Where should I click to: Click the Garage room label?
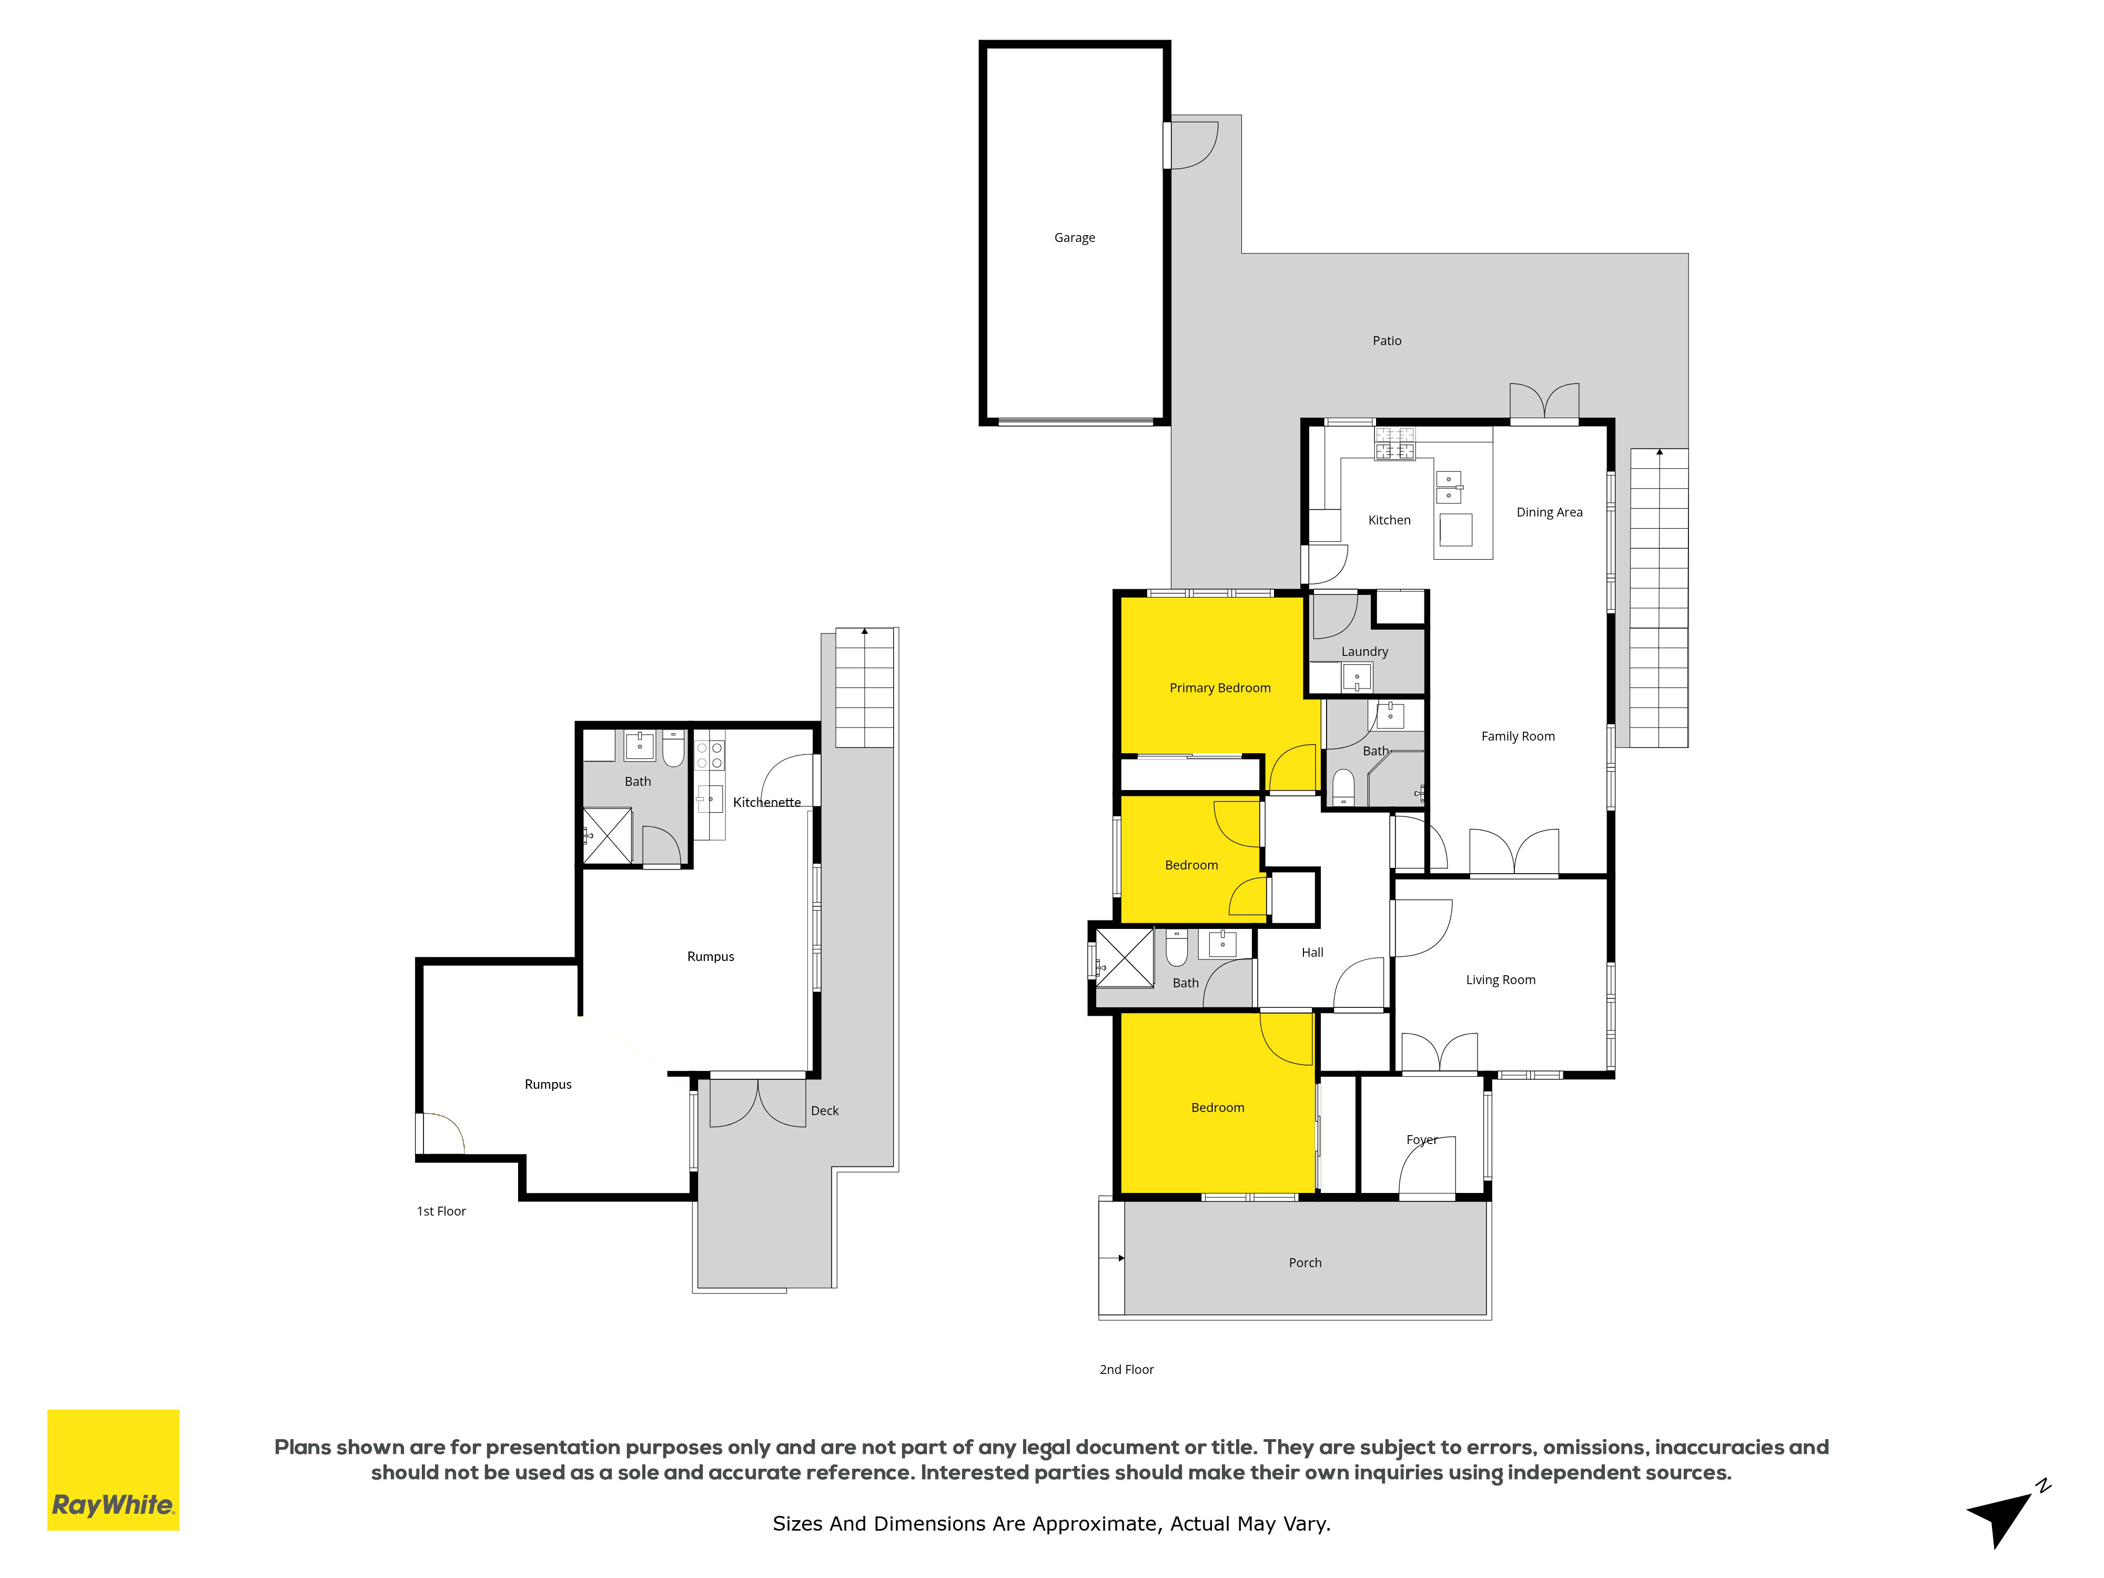coord(1074,238)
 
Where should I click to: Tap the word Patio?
coord(1387,340)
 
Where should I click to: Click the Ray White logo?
coord(113,1470)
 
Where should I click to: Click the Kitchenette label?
coord(767,802)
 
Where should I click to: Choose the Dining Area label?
coord(1550,512)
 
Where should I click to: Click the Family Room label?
coord(1518,736)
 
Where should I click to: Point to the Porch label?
coord(1305,1262)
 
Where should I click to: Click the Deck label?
coord(825,1110)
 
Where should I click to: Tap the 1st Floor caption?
coord(441,1211)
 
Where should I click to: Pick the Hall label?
coord(1312,952)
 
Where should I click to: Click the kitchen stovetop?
coord(1394,443)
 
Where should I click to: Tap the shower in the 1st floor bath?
coord(607,836)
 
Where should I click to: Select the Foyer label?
coord(1421,1139)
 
